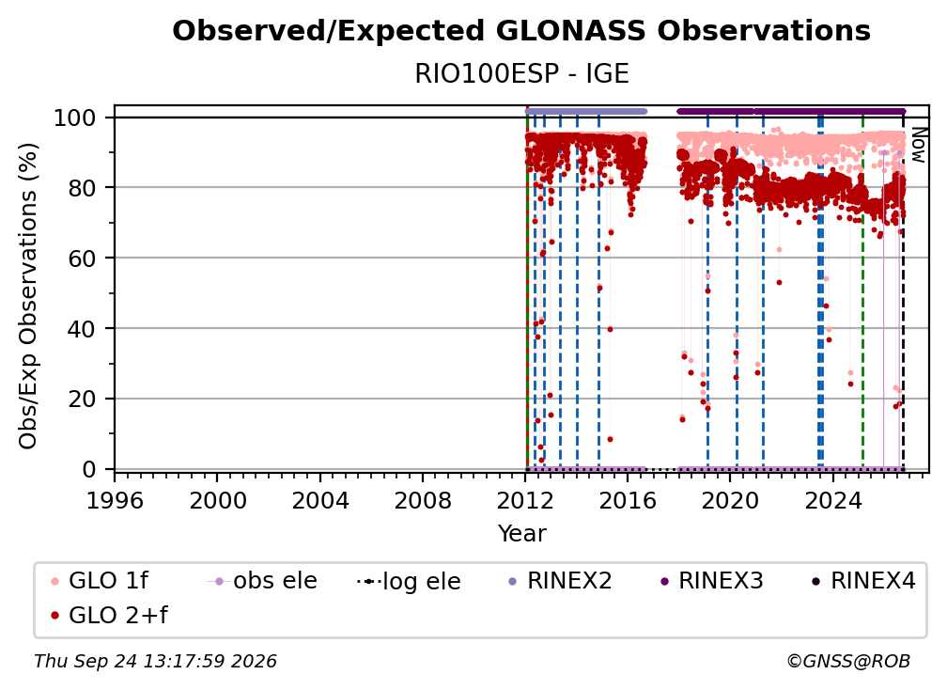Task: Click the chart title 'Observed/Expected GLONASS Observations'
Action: pos(521,31)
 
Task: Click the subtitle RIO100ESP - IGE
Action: pos(521,74)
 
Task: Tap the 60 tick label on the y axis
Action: pos(82,259)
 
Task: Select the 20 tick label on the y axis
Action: pos(82,400)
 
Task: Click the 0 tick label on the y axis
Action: pos(89,469)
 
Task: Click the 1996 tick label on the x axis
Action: pos(115,501)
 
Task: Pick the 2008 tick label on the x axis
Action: pos(422,501)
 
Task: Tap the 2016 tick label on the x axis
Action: pos(628,501)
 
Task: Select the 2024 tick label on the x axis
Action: pos(832,501)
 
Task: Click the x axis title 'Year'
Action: pos(521,534)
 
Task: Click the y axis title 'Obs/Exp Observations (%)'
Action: pos(28,296)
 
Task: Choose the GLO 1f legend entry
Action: pos(100,581)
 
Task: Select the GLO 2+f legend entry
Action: pos(109,616)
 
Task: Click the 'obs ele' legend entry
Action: pos(261,581)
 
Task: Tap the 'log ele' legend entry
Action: pos(409,582)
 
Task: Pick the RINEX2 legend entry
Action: pos(560,581)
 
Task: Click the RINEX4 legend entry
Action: pos(863,581)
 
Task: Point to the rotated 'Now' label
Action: pos(918,145)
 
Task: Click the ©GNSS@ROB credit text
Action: pos(848,662)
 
